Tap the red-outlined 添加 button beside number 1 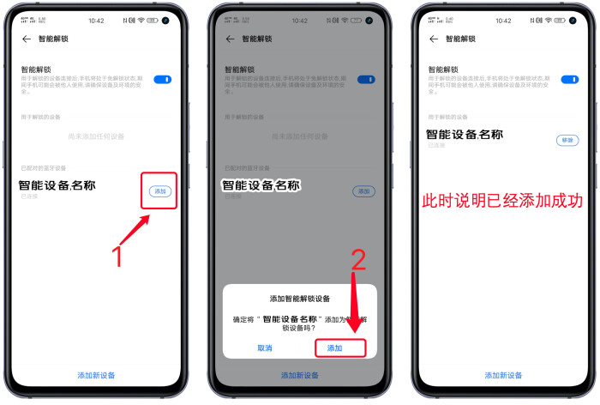(x=160, y=190)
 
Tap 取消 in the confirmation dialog (x=265, y=348)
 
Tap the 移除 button (x=567, y=140)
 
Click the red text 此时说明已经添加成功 (x=501, y=201)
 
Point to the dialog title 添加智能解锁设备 (x=300, y=299)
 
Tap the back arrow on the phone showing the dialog (x=230, y=39)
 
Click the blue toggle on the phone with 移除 (x=569, y=79)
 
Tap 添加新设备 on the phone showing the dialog (x=299, y=375)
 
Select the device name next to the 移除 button (x=464, y=134)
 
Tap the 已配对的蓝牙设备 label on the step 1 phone (x=44, y=168)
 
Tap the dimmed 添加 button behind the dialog (x=363, y=190)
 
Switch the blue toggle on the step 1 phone (x=162, y=79)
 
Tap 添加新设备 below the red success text (x=503, y=375)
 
